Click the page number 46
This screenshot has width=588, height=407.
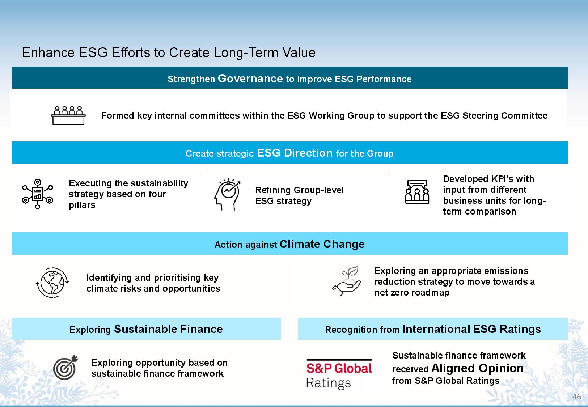[576, 396]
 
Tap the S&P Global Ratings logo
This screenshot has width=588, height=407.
[339, 374]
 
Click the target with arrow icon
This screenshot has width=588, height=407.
[65, 367]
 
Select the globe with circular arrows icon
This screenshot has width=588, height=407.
[52, 283]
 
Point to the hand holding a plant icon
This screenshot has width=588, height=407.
[347, 281]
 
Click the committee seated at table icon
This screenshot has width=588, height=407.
[68, 115]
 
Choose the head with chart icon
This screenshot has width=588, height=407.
[227, 194]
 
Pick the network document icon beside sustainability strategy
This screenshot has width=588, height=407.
[38, 194]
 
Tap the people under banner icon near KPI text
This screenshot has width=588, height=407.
[417, 192]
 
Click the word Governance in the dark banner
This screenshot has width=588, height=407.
[250, 79]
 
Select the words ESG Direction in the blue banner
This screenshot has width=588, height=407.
[295, 153]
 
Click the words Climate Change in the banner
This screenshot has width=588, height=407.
[322, 244]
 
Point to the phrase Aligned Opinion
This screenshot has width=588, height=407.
[477, 368]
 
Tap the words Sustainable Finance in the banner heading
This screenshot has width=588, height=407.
[168, 329]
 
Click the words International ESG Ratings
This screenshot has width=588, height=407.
[471, 329]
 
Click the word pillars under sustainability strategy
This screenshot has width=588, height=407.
[82, 205]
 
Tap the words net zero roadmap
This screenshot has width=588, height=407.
[412, 292]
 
